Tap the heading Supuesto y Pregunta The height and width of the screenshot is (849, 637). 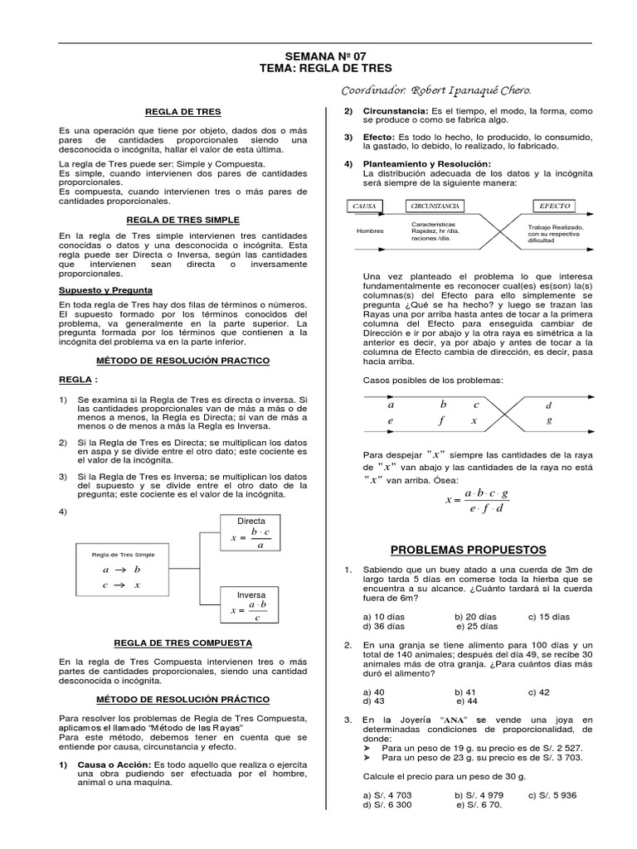tap(105, 290)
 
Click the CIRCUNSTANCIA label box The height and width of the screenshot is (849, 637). tap(436, 205)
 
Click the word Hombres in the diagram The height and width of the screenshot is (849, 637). tap(370, 231)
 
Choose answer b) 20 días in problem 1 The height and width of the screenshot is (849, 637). tap(475, 617)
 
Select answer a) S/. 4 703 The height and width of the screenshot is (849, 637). tap(388, 794)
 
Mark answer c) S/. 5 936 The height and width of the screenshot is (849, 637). tap(550, 794)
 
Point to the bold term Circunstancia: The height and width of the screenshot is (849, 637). tap(395, 110)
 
